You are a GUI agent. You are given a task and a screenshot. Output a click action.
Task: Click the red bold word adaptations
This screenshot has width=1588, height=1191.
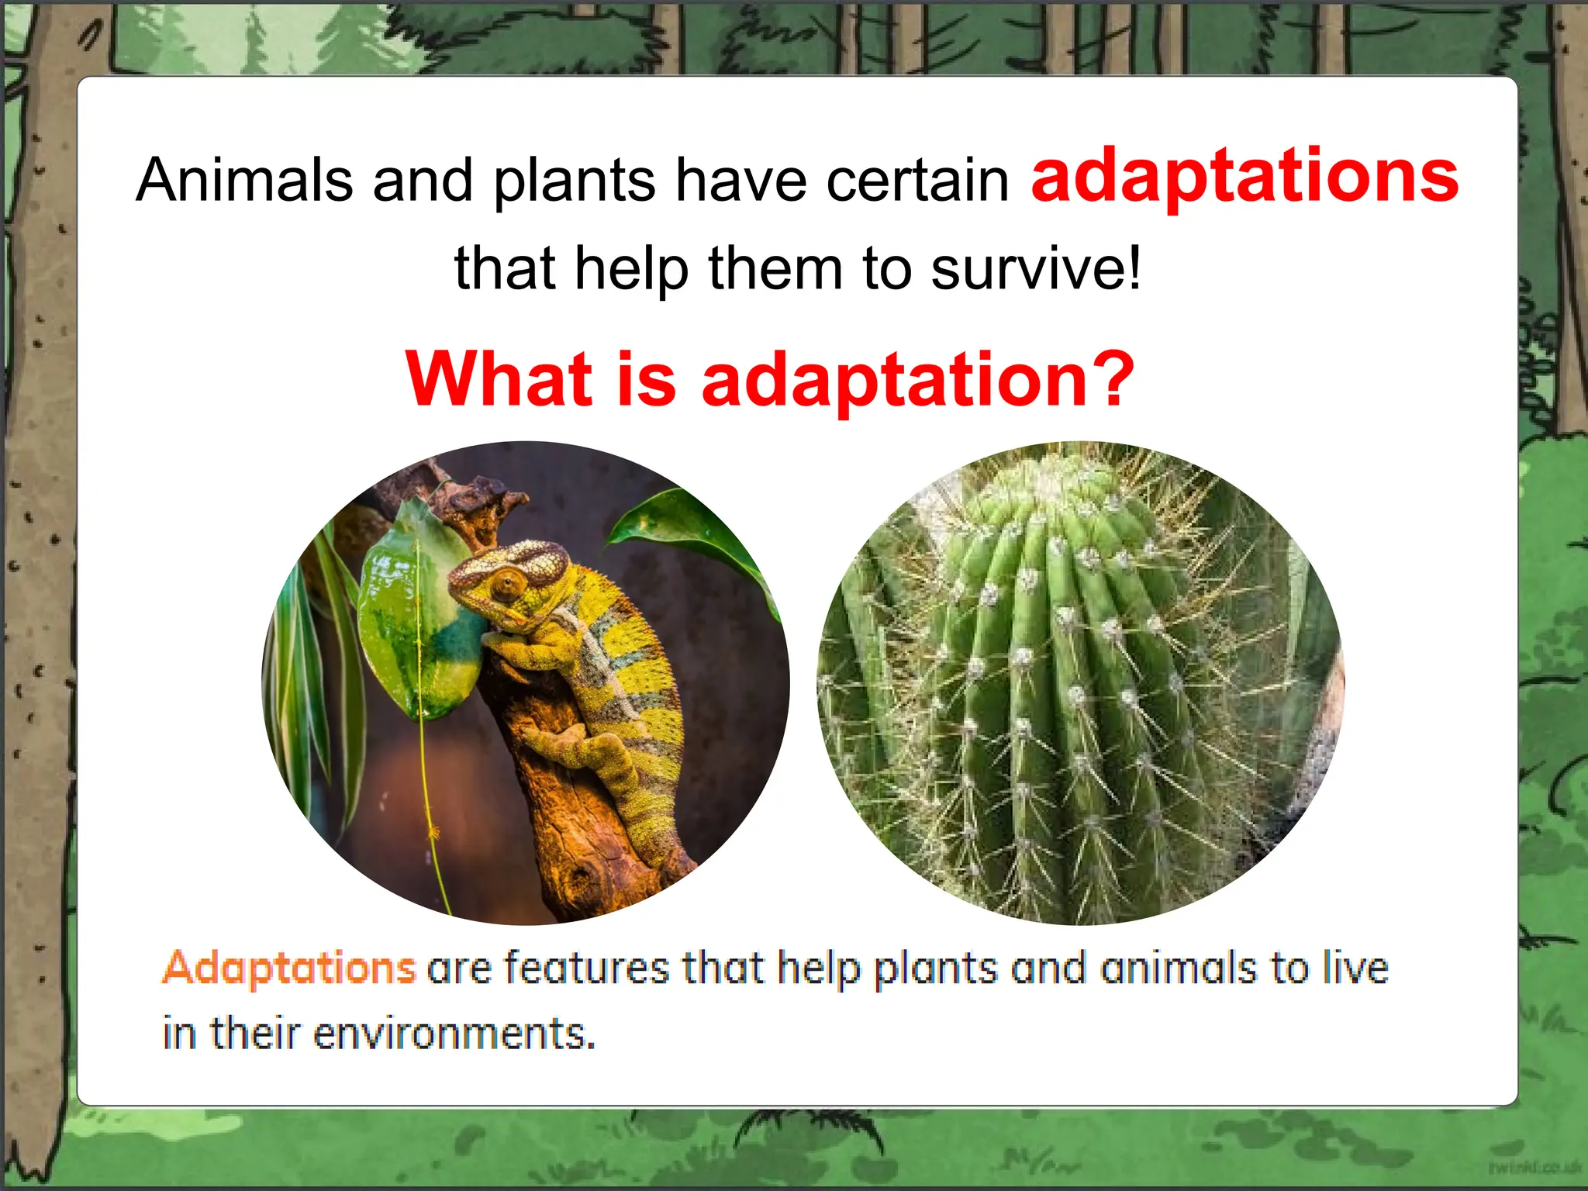1244,178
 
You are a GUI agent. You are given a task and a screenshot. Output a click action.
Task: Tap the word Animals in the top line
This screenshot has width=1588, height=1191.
245,180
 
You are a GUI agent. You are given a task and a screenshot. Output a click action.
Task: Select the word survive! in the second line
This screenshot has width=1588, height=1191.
1036,268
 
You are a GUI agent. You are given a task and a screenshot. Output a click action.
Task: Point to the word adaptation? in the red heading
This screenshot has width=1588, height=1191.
918,380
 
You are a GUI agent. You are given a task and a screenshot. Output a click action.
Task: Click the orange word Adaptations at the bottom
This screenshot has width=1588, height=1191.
289,968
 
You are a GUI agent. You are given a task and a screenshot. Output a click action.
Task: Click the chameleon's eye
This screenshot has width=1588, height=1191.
508,584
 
